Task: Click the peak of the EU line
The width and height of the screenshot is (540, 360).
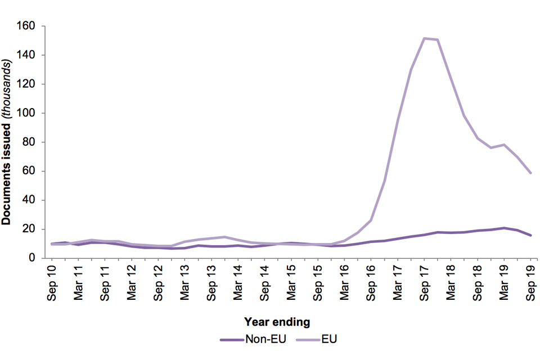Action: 424,38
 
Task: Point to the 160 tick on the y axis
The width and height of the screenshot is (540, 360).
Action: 29,26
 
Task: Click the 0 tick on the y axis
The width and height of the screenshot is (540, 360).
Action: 34,258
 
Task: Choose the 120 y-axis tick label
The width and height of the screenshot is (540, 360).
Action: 29,84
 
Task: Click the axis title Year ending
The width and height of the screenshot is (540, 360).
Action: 277,322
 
